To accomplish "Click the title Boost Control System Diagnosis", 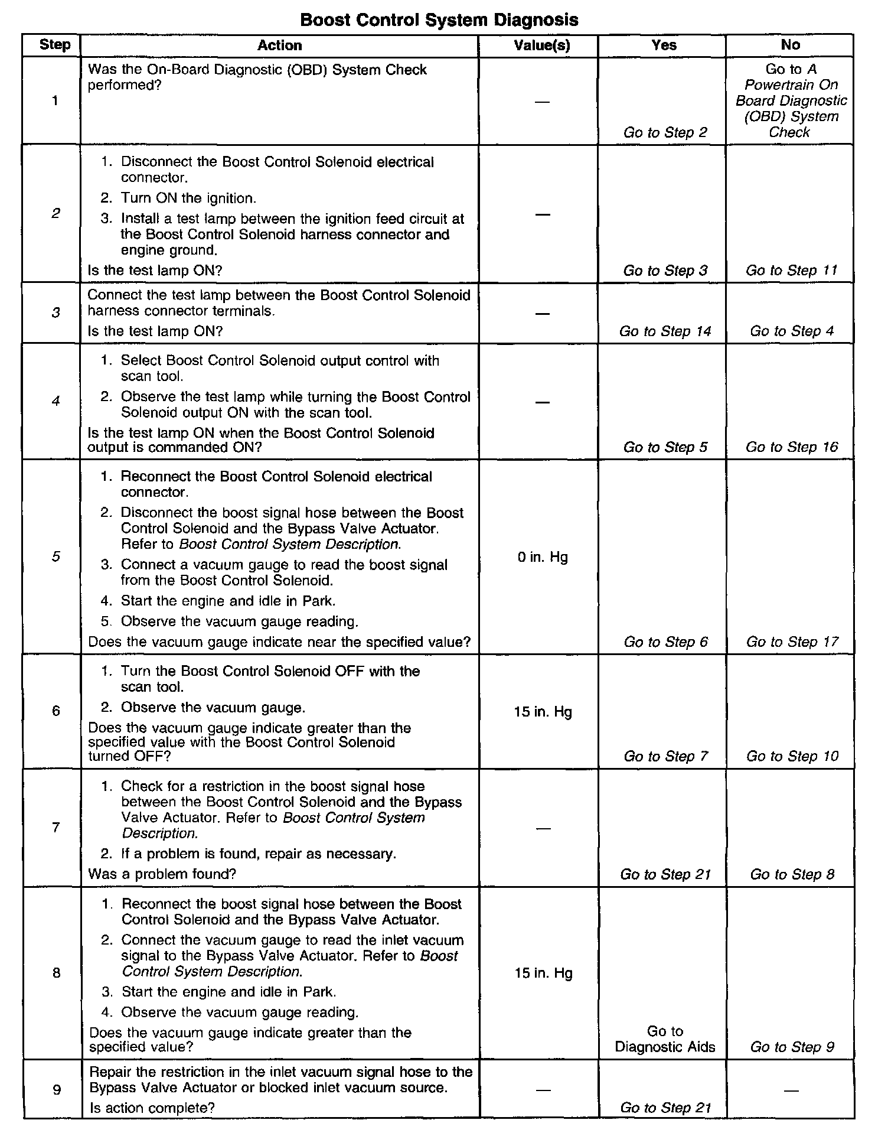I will click(x=439, y=20).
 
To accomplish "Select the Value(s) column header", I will click(x=542, y=45).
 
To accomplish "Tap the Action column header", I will click(x=279, y=45).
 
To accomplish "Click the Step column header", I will click(x=55, y=45).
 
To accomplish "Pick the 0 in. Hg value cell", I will click(x=543, y=557).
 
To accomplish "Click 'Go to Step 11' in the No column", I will click(x=791, y=271).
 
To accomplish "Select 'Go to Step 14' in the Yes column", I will click(x=665, y=331).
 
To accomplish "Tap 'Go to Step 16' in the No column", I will click(x=791, y=447).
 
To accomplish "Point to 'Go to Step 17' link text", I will click(x=792, y=642).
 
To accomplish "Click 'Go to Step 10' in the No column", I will click(x=792, y=757).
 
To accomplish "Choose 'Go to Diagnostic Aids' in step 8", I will click(x=665, y=1040).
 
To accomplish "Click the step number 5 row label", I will click(x=56, y=556).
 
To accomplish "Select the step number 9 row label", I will click(x=57, y=1090).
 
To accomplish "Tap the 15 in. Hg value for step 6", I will click(x=543, y=712).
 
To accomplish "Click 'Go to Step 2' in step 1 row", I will click(x=665, y=132).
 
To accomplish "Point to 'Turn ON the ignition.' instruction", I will click(x=188, y=198).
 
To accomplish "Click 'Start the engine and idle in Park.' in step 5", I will click(x=228, y=601).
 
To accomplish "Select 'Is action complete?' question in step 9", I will click(x=152, y=1108).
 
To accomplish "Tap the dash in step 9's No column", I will click(x=791, y=1090).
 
